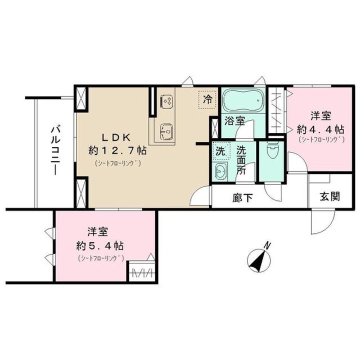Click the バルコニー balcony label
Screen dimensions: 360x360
pos(54,150)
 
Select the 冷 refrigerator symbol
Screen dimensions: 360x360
pos(206,98)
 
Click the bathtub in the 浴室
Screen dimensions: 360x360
pos(239,101)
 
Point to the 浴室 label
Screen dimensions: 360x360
pos(234,120)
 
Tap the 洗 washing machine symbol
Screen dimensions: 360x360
pos(220,150)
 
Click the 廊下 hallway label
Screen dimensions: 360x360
pos(241,197)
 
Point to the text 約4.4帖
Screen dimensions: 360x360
pos(320,128)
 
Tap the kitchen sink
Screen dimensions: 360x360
pos(166,132)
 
